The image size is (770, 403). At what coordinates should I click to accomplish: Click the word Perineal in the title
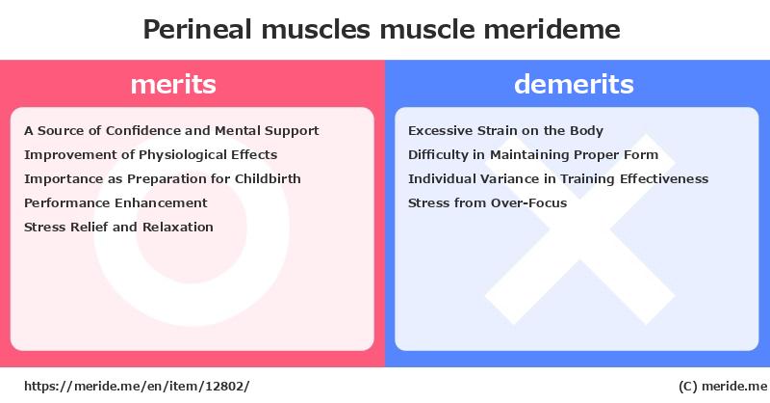tap(197, 30)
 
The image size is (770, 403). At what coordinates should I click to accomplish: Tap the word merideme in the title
tap(552, 30)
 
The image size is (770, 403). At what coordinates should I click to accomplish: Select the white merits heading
tap(173, 84)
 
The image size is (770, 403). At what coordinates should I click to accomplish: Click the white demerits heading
tap(574, 84)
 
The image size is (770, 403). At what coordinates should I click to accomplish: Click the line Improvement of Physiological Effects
tap(151, 155)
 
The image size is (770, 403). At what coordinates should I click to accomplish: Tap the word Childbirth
tap(268, 178)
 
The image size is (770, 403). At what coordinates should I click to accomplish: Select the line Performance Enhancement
tap(115, 202)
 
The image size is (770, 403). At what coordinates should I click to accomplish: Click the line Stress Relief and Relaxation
tap(118, 227)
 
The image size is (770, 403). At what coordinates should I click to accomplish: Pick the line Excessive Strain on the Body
tap(506, 130)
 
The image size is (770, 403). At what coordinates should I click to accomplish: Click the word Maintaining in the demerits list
tap(530, 155)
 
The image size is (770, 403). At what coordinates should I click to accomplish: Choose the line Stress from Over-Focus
tap(488, 202)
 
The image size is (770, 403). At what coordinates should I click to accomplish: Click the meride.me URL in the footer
tap(137, 387)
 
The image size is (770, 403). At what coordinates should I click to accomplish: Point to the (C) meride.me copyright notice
tap(723, 387)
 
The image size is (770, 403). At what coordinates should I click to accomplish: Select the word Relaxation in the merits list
tap(178, 227)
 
